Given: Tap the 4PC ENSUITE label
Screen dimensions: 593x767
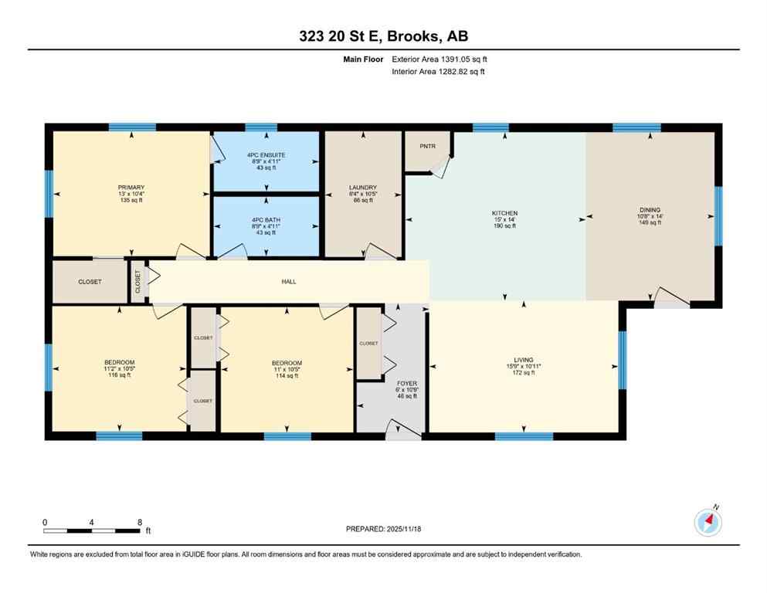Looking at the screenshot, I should tap(266, 155).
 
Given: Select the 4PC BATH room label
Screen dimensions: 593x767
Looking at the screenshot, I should tap(266, 220).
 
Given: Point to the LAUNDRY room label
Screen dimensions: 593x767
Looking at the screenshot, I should tap(362, 187).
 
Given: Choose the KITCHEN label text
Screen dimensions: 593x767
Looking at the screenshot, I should tap(504, 213).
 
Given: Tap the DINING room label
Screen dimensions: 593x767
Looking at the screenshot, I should tap(650, 208).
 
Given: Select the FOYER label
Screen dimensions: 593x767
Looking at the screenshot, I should tap(406, 381).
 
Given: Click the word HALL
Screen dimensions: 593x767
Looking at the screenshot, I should tap(289, 282).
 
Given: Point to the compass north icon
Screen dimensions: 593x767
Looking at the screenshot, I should tap(708, 523).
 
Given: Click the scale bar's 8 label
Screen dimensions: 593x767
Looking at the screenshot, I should tap(139, 523).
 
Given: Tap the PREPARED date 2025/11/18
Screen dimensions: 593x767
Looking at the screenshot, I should tap(383, 529).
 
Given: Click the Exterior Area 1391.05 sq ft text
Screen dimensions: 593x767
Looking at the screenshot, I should tap(439, 59).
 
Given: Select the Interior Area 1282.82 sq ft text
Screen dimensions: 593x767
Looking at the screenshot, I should tap(439, 72).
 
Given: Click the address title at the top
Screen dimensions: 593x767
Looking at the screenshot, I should tap(382, 36).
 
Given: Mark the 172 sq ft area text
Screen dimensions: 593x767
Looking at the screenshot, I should tap(524, 373).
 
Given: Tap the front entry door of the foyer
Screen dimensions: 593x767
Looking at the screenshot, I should tap(403, 432).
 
